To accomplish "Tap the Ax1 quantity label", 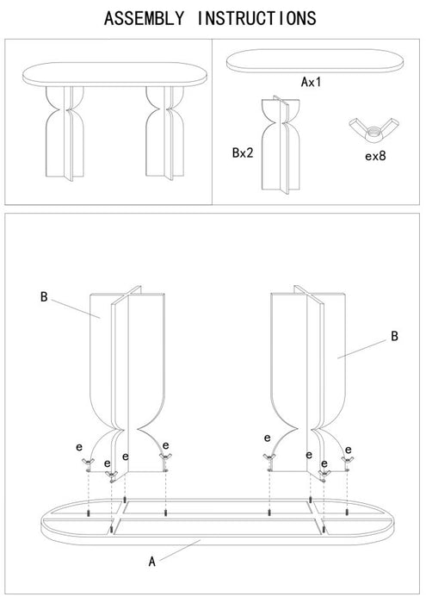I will click(x=311, y=83).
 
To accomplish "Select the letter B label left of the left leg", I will click(x=43, y=297).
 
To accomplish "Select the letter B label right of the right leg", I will click(x=394, y=337).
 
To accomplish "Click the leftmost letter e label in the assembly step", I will click(x=78, y=447).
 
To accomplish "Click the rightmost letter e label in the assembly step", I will click(x=349, y=449).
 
